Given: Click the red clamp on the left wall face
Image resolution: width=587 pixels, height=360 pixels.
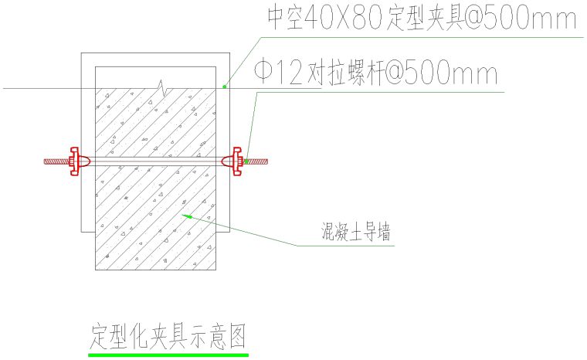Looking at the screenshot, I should click(74, 161).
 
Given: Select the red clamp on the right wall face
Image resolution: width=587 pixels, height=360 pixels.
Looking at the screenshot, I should click(237, 161).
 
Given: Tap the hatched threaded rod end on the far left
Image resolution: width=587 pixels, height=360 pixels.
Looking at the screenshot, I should click(56, 161).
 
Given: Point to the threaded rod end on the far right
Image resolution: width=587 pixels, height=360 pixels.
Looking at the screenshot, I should click(258, 161).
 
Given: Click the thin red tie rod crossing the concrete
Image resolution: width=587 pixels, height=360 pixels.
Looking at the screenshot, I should click(154, 161).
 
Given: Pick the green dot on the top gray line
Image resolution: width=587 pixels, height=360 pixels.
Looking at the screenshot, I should click(225, 87).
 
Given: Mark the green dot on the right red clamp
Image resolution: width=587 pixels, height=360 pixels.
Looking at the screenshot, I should click(246, 161).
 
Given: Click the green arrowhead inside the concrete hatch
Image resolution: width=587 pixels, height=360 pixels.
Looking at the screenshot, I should click(187, 216).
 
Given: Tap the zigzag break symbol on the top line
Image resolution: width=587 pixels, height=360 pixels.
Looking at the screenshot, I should click(161, 88).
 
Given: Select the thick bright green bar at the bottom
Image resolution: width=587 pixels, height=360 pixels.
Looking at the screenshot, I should click(168, 355).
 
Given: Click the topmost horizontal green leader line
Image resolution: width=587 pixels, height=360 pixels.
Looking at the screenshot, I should click(421, 37).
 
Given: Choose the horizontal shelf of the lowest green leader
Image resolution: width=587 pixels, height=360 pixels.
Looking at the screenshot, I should click(345, 246).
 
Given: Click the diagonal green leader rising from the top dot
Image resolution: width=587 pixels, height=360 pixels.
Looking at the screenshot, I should click(243, 62).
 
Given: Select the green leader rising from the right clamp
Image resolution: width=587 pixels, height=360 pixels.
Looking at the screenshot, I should click(252, 127).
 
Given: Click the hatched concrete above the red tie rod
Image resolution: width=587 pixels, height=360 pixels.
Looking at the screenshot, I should click(154, 124).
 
